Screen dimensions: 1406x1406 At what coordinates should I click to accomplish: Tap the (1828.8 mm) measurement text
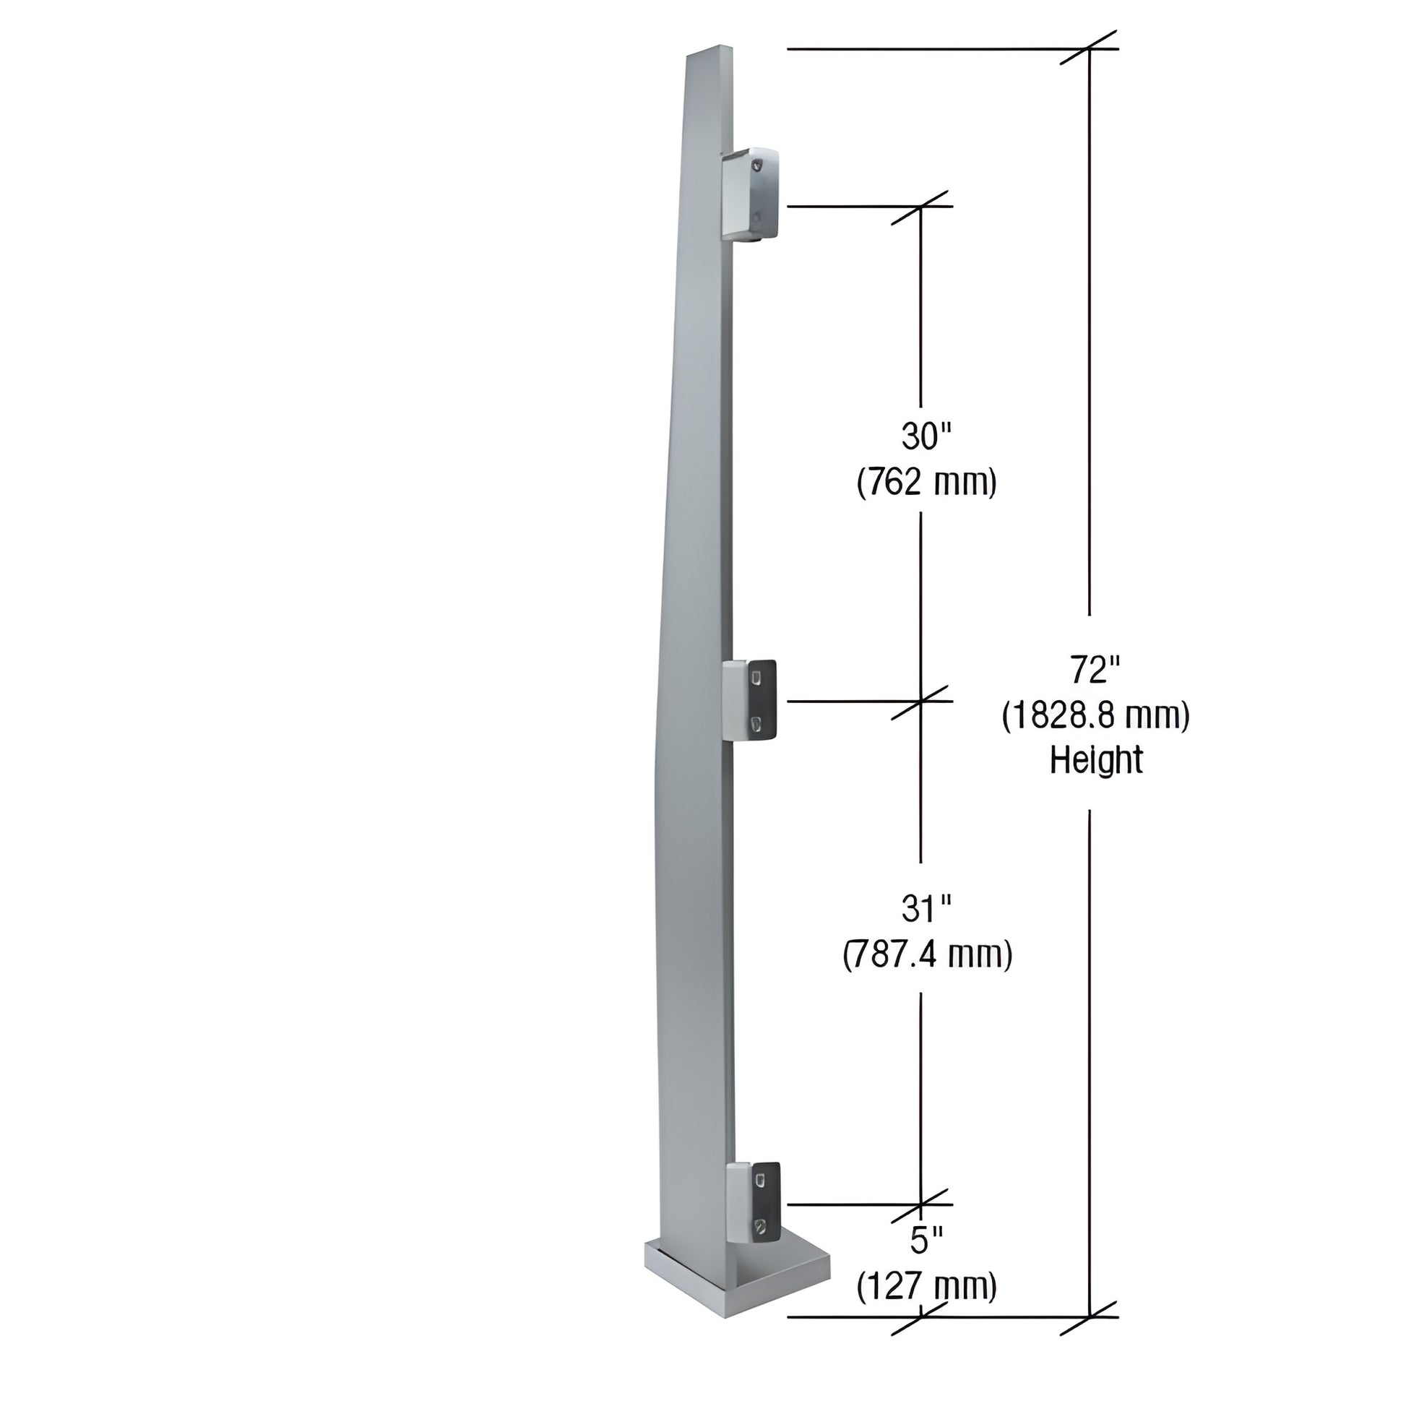point(1096,717)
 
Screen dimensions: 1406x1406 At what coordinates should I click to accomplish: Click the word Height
point(1096,762)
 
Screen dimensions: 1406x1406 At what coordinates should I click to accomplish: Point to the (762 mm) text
point(926,483)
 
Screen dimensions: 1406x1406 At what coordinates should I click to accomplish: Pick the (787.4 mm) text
point(927,955)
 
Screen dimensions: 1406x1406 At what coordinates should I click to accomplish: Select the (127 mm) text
point(926,1288)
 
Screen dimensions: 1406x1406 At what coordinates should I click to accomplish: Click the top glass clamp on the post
point(751,195)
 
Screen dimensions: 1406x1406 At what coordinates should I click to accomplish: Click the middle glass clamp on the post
point(752,700)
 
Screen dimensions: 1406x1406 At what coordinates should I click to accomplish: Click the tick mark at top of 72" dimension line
point(1089,48)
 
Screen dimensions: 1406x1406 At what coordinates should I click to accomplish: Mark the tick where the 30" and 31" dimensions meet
point(921,702)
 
